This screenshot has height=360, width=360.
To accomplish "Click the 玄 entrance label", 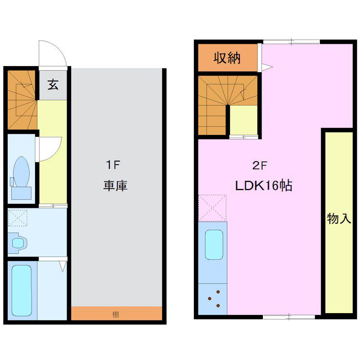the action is pyautogui.click(x=53, y=85).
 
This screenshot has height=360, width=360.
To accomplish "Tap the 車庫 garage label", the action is pyautogui.click(x=115, y=185).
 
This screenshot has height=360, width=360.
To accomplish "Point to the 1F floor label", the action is pyautogui.click(x=113, y=165).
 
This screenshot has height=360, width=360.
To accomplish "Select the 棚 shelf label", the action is pyautogui.click(x=116, y=314).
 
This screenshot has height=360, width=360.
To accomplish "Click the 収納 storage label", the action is pyautogui.click(x=227, y=58).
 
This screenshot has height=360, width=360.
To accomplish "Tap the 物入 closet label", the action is pyautogui.click(x=339, y=218).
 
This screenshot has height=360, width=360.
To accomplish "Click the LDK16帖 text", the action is pyautogui.click(x=264, y=185).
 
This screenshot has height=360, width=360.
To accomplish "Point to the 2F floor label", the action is pyautogui.click(x=260, y=165).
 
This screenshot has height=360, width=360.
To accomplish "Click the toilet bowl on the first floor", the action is pyautogui.click(x=21, y=171).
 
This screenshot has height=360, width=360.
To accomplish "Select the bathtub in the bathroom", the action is pyautogui.click(x=22, y=291).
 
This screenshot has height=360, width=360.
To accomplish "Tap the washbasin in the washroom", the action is pyautogui.click(x=18, y=243).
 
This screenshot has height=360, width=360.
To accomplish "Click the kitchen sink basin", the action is pyautogui.click(x=214, y=245).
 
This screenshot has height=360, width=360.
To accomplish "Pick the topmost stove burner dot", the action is pyautogui.click(x=218, y=292).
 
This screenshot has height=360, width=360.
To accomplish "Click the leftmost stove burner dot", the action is pyautogui.click(x=209, y=298).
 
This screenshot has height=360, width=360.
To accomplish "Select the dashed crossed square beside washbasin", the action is pyautogui.click(x=18, y=218).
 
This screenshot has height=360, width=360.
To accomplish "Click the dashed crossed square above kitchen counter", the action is pyautogui.click(x=212, y=208).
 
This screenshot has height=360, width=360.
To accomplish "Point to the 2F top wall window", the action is pyautogui.click(x=291, y=42).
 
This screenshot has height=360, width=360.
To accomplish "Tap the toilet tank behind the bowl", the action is pyautogui.click(x=21, y=193).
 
